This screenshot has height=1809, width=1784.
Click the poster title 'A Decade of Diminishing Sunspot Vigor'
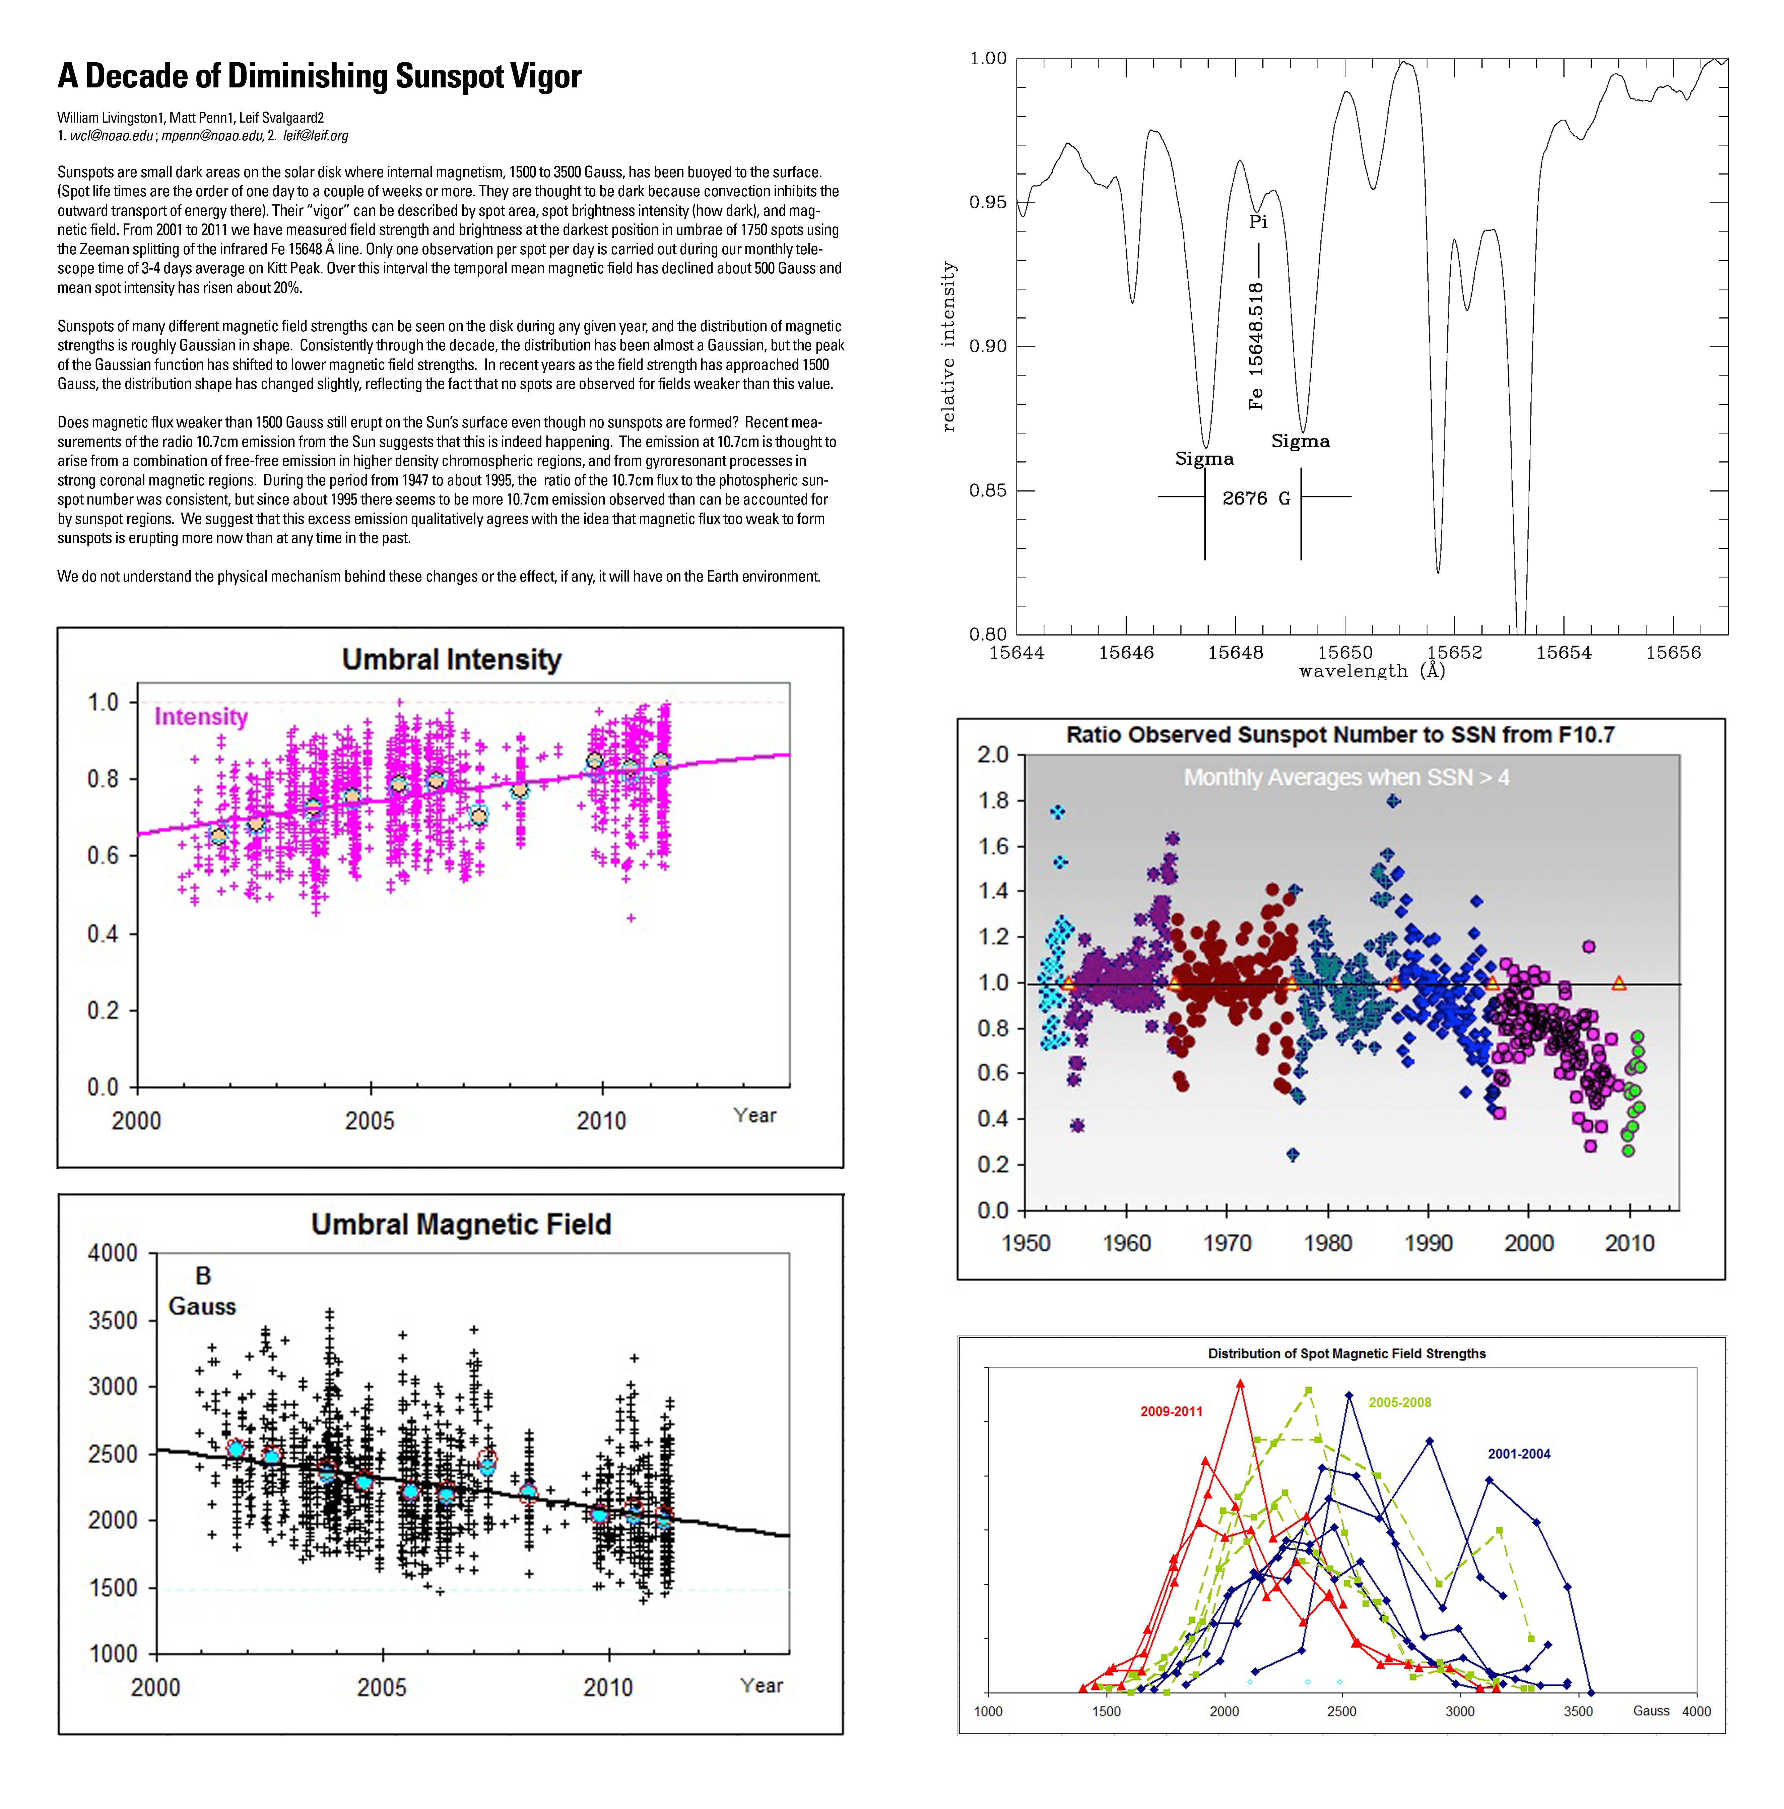pos(319,76)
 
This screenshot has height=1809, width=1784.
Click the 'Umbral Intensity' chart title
pos(451,659)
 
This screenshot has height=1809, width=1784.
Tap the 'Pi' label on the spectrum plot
pos(1258,222)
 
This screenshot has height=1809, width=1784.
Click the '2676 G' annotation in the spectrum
pos(1256,498)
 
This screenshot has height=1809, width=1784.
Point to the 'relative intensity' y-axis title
pos(949,346)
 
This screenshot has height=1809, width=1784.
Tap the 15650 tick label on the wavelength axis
pos(1345,653)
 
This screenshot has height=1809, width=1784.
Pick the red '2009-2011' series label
pos(1172,1411)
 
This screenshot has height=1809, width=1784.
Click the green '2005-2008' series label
pos(1400,1403)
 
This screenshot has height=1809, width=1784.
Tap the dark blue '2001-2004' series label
pos(1519,1454)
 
